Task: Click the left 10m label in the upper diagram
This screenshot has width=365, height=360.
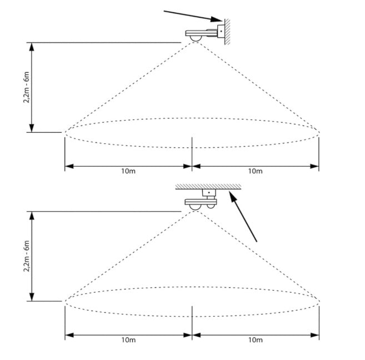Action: [128, 171]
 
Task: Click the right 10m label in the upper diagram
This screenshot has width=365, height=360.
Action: [255, 171]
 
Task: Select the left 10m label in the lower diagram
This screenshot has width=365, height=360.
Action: [128, 340]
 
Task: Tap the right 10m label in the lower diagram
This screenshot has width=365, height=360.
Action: [256, 340]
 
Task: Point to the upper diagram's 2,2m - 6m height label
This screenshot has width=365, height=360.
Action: [27, 87]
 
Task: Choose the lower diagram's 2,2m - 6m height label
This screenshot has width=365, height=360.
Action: [27, 256]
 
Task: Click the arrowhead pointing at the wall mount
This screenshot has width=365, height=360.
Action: [217, 19]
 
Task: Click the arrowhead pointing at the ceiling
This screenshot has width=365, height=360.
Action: [233, 197]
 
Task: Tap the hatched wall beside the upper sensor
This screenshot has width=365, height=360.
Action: [227, 32]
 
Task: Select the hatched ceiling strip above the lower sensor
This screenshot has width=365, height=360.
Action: [208, 187]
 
